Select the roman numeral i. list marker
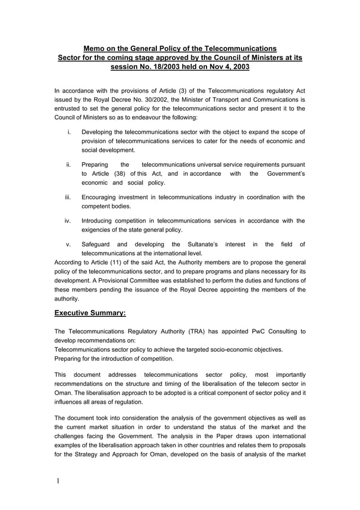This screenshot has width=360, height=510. click(x=68, y=132)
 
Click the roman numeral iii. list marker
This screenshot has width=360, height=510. click(x=67, y=198)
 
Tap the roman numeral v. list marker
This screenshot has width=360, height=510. click(x=68, y=245)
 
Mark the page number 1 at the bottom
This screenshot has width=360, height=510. click(x=58, y=482)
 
